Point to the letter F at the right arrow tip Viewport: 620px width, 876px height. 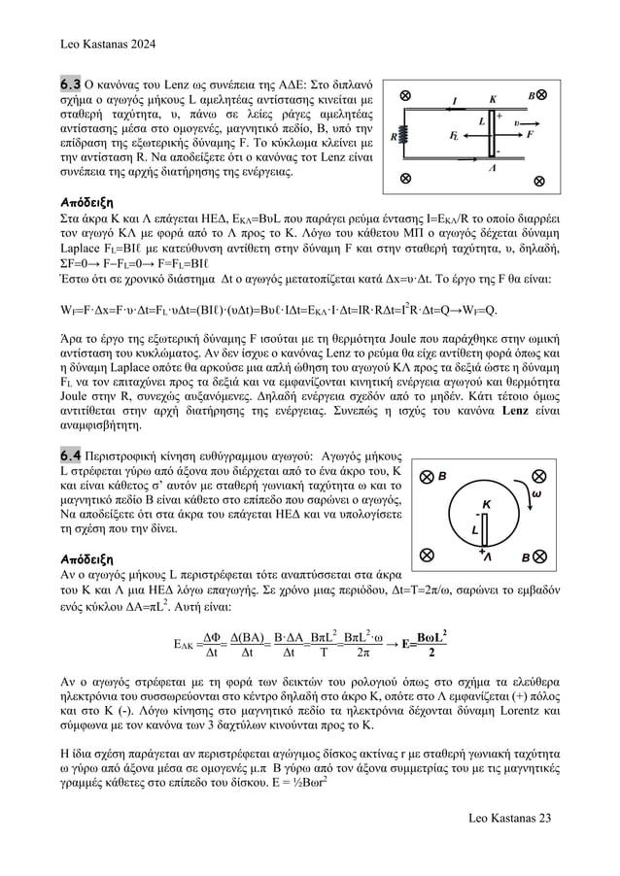[531, 135]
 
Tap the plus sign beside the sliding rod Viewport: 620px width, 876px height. [499, 115]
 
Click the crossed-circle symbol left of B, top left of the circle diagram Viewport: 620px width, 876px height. [425, 477]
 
